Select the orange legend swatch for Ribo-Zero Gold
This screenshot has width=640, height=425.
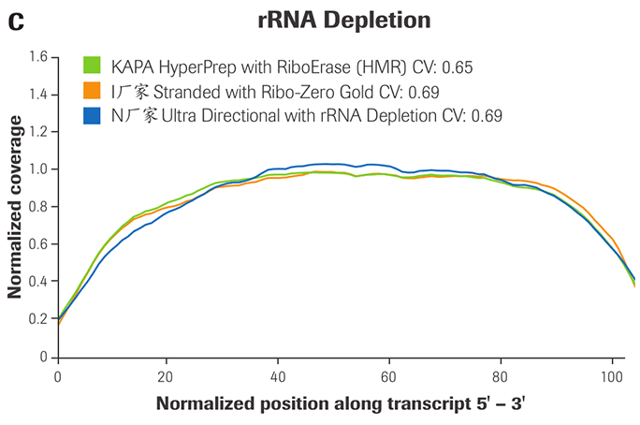pos(92,92)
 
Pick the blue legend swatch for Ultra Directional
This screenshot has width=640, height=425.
pos(92,116)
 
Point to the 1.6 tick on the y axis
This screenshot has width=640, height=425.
pos(36,57)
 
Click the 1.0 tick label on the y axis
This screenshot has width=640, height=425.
pos(36,169)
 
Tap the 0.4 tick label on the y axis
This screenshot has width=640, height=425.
pos(36,282)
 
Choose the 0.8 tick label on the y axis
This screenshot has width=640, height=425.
pos(36,207)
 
